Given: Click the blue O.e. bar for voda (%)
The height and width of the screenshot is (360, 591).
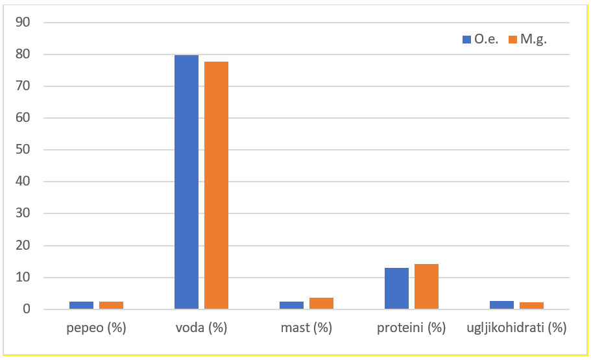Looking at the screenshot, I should point(187,182).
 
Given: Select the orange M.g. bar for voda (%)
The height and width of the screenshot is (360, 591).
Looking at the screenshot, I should point(216,185).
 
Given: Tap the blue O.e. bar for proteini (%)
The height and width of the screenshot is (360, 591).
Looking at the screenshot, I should point(396,289).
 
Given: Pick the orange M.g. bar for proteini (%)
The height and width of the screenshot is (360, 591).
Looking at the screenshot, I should point(426,287).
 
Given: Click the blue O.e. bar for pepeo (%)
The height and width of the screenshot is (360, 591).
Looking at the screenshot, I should point(82,305).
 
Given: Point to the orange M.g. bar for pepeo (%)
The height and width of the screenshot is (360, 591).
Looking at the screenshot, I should point(111,305).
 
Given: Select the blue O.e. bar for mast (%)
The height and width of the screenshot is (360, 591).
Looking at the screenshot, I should point(292,305).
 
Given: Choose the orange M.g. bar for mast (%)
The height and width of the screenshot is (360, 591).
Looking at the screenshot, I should point(321,304).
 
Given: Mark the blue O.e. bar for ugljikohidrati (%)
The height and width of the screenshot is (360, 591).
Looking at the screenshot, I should point(501,305).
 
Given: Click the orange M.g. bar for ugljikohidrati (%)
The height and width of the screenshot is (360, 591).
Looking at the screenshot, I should point(531,306).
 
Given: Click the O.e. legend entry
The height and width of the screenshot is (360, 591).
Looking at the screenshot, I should point(481,39).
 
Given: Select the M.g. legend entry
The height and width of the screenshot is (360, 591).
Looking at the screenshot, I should point(528,39).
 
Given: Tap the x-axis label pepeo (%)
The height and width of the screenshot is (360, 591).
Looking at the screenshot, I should point(96,328).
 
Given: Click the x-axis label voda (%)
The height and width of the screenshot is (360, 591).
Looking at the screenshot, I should point(201,328).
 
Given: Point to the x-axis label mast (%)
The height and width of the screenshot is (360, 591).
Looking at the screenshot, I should point(306,328).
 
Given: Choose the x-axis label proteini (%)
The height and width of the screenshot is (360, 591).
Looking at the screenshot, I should point(411,328).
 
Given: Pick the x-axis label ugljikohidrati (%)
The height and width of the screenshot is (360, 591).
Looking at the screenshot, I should point(516,328).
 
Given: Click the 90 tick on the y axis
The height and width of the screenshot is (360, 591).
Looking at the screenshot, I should point(23,23).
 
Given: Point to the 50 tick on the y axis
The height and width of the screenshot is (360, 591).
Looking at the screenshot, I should point(23,150).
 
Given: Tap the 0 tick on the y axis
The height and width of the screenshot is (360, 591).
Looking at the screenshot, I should point(27,309).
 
